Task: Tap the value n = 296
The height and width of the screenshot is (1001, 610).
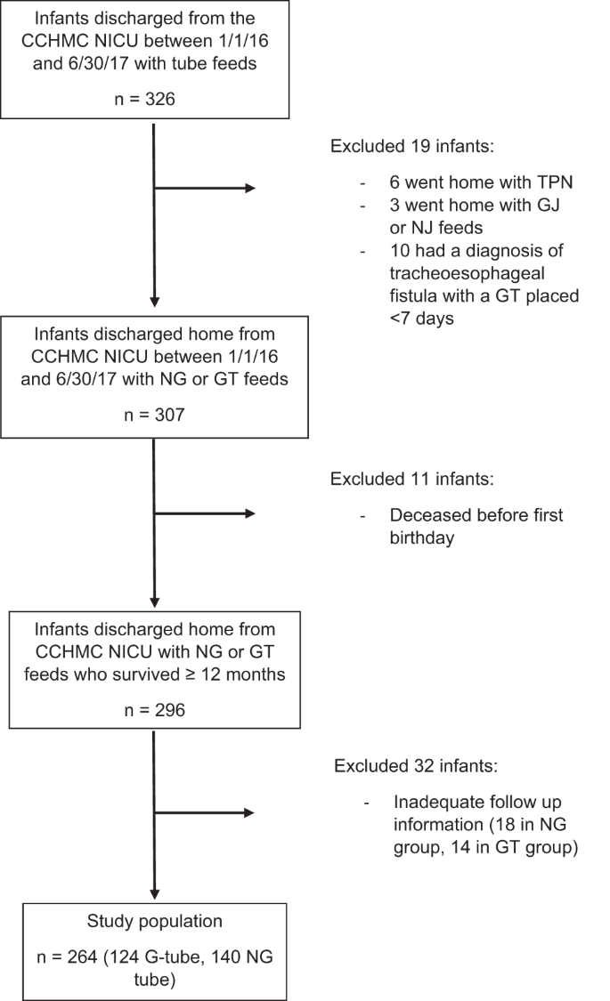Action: pos(154,710)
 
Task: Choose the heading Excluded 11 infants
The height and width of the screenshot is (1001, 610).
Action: pos(411,479)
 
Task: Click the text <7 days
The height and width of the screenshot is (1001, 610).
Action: pos(423,318)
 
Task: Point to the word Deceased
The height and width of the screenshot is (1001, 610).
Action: pos(425,515)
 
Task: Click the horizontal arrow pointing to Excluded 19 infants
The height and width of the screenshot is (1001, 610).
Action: pos(205,188)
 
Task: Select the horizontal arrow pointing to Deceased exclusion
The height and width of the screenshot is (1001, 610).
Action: pos(205,513)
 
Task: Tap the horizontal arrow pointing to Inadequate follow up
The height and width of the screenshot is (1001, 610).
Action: pos(205,812)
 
